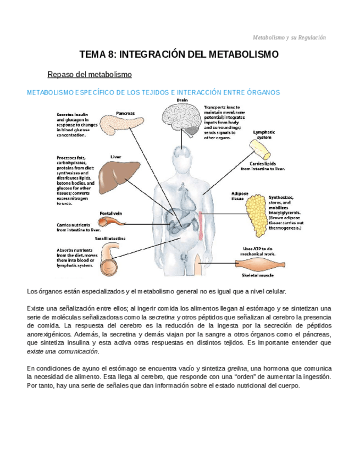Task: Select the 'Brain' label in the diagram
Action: pyautogui.click(x=182, y=100)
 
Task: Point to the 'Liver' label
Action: pyautogui.click(x=115, y=157)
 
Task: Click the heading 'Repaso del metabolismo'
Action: pyautogui.click(x=90, y=74)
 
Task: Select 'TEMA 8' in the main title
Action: pyautogui.click(x=97, y=54)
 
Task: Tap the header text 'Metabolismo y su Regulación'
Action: pyautogui.click(x=289, y=37)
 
